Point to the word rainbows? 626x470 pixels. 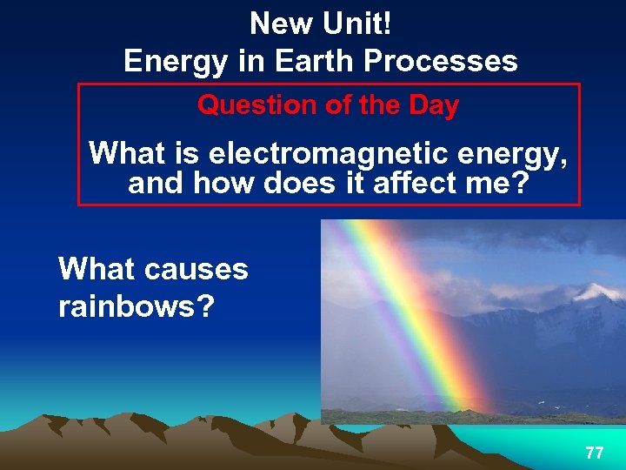[136, 307]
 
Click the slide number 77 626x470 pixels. [595, 453]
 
